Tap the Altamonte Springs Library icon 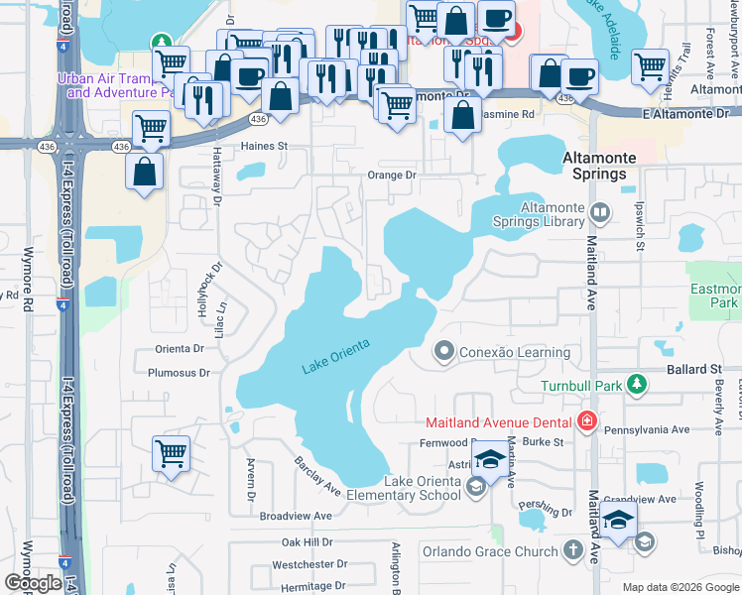(599, 212)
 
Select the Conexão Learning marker (443, 351)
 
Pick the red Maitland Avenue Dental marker (586, 421)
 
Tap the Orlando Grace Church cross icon (572, 549)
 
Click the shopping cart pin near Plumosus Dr (171, 453)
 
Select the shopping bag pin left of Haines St (145, 171)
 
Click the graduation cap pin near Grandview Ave (618, 520)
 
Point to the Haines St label (264, 146)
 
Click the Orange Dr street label (391, 175)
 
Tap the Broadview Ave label (295, 516)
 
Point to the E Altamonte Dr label (684, 115)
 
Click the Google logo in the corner (33, 582)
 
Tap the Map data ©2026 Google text (680, 587)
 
